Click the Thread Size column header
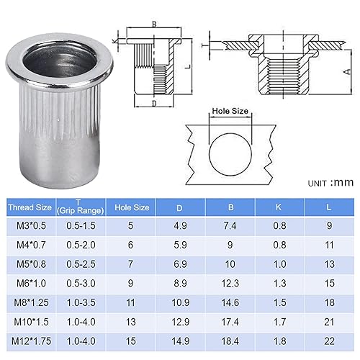click(x=30, y=207)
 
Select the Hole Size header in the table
click(x=132, y=207)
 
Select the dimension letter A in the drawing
click(x=346, y=73)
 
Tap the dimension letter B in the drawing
click(x=154, y=24)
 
